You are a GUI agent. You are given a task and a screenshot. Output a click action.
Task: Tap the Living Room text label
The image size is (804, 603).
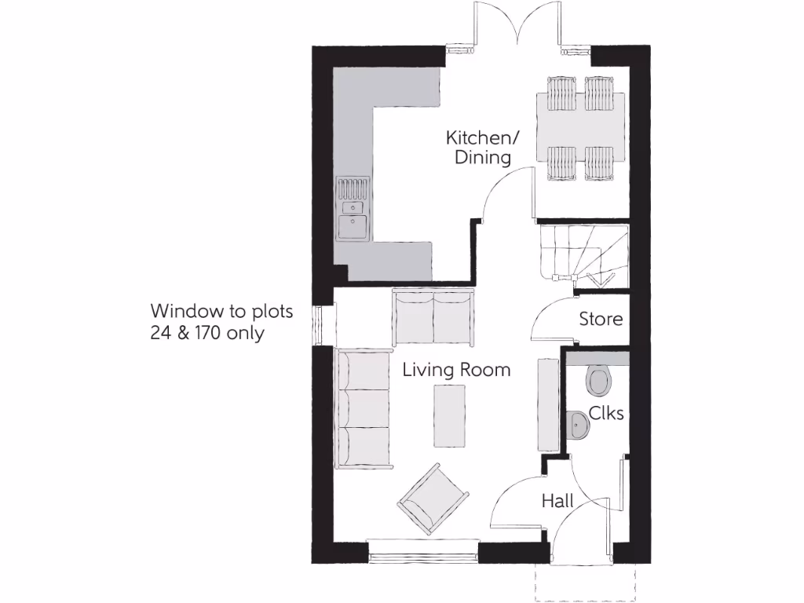456,370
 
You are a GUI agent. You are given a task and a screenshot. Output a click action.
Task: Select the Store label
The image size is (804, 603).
601,320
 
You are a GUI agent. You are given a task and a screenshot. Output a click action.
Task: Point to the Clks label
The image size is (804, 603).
606,413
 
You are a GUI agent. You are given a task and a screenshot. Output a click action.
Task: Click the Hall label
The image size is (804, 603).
557,501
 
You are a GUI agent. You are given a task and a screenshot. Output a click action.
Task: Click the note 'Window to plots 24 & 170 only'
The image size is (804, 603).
221,322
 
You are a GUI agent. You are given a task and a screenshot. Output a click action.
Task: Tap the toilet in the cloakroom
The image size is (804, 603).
599,382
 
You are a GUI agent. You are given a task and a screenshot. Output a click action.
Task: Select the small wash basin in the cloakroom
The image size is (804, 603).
578,426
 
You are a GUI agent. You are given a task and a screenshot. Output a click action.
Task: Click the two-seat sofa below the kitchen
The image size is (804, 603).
433,316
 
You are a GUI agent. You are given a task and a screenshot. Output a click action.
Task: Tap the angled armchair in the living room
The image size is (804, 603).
433,499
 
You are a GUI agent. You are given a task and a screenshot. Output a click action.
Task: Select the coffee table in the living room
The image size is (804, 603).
450,418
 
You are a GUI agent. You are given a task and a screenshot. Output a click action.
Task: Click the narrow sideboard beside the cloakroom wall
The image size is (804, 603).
547,404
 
